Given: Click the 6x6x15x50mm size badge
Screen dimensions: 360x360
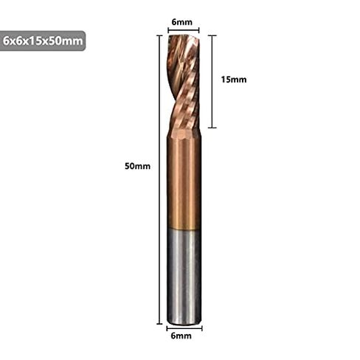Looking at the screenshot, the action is click(x=42, y=41).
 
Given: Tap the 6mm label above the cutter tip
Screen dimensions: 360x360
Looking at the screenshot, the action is click(x=182, y=22).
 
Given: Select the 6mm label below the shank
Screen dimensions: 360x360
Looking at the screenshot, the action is click(x=181, y=336).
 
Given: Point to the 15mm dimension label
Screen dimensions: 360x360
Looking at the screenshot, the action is click(x=234, y=80).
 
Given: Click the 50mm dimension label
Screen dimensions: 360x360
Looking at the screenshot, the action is click(x=137, y=166).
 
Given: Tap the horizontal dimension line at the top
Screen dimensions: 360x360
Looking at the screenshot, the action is click(x=184, y=30).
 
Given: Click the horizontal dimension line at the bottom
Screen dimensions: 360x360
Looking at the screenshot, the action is click(x=184, y=328).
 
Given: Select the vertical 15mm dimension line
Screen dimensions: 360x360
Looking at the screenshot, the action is click(x=212, y=82).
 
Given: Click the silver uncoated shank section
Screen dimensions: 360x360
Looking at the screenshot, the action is click(x=184, y=277).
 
